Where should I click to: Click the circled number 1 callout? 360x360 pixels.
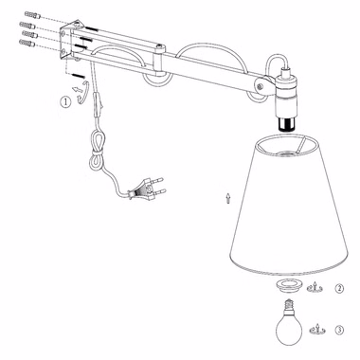(65, 102)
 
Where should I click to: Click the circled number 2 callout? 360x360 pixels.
(339, 288)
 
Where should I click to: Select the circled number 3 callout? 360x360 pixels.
(339, 331)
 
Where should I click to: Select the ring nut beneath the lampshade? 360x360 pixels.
(288, 285)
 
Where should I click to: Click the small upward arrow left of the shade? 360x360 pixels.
(228, 198)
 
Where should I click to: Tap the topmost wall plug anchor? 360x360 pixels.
(32, 15)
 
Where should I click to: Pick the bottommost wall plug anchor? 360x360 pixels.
(27, 44)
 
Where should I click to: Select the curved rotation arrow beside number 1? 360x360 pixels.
(83, 92)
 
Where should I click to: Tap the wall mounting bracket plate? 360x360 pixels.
(70, 40)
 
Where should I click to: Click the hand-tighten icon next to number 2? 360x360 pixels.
(315, 287)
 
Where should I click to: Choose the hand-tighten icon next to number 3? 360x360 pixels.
(317, 330)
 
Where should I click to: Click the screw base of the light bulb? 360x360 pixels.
(288, 305)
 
